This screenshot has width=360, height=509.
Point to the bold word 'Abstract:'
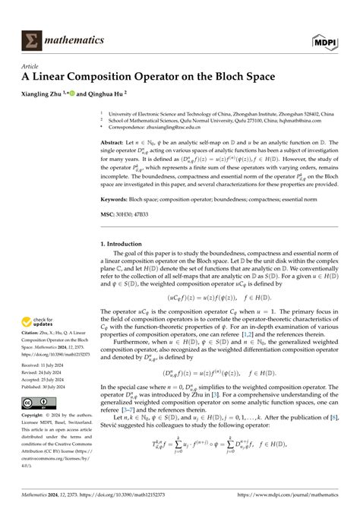point(112,142)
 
